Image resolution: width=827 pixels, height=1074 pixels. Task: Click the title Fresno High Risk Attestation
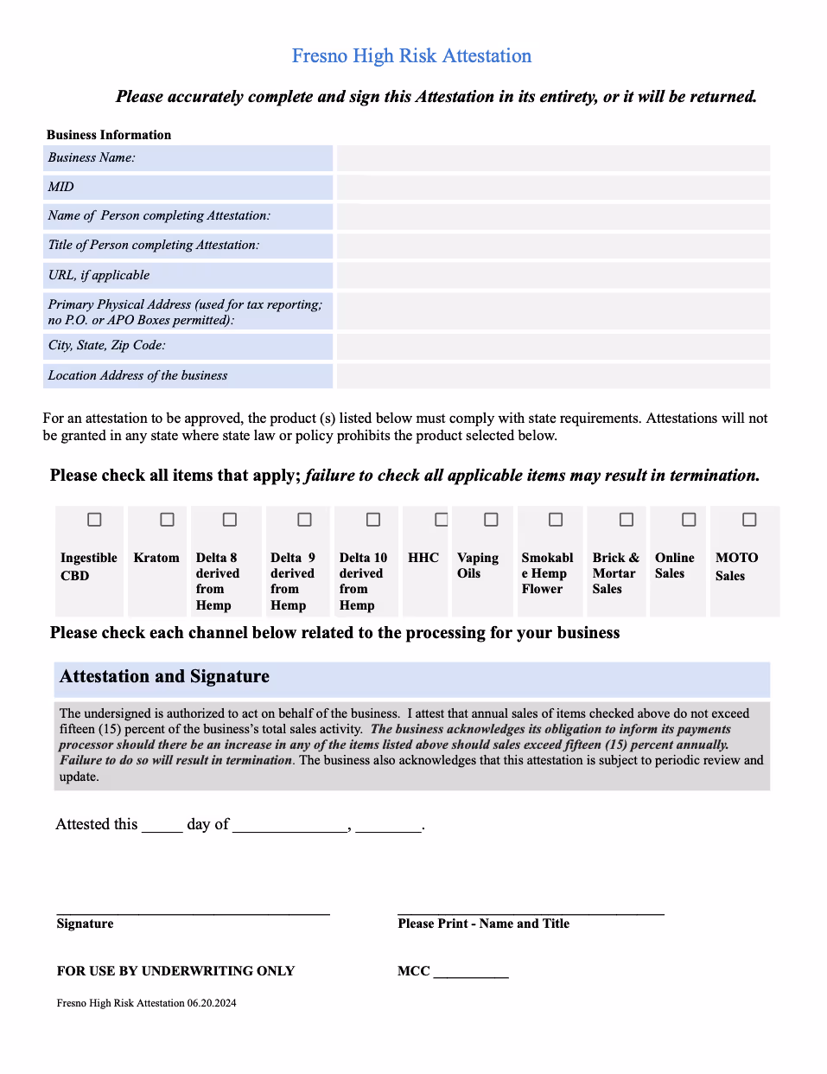(411, 56)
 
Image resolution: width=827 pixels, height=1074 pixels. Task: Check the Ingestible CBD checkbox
(94, 520)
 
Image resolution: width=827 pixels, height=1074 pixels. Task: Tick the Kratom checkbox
(167, 520)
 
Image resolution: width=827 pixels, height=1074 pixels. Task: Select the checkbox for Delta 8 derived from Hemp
(230, 520)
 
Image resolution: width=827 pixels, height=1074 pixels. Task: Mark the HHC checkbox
(442, 520)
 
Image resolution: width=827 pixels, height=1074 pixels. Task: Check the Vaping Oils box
(491, 520)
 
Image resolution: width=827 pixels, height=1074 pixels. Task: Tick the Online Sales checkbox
(689, 520)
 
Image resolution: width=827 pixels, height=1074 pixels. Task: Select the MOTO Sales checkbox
(749, 520)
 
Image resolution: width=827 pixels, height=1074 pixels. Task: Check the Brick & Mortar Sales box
(627, 520)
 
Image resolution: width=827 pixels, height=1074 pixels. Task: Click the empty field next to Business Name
(553, 158)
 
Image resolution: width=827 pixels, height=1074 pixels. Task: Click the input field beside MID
(553, 188)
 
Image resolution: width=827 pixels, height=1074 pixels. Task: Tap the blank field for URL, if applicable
(553, 275)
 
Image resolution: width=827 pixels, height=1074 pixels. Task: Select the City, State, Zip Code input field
(553, 346)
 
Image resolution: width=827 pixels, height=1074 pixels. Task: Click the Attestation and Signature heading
(164, 677)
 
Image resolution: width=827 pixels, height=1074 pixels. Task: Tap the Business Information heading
(109, 135)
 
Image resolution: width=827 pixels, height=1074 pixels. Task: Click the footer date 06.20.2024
(212, 1003)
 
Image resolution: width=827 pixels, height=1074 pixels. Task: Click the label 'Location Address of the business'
(138, 376)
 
